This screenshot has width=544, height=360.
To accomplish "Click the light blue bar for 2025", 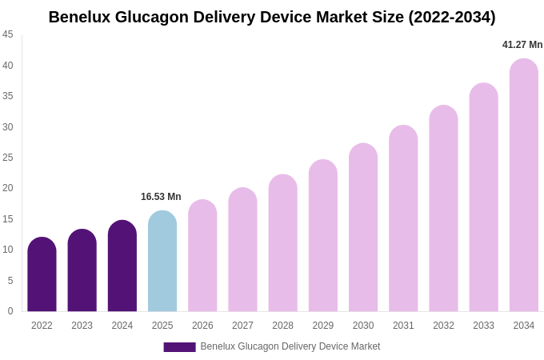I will tap(162, 262).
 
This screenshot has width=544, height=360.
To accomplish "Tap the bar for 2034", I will tap(524, 186).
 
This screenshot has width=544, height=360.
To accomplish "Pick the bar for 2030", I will tap(363, 228).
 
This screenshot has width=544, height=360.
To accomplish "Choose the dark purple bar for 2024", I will tap(122, 266).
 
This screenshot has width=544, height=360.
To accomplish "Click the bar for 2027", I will tap(242, 250).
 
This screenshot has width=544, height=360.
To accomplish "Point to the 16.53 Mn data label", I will tap(161, 197).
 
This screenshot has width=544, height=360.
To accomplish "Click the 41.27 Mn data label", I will tap(522, 45).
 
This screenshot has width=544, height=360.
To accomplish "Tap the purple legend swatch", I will tap(179, 347).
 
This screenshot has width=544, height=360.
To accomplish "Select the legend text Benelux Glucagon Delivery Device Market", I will tap(290, 346).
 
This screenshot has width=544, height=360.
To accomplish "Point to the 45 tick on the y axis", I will tap(8, 34).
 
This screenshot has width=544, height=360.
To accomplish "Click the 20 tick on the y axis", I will tap(8, 188).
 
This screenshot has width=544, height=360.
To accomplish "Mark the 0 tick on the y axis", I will tap(10, 311).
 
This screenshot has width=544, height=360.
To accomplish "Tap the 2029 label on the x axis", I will tap(323, 326).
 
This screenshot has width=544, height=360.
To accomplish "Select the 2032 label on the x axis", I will tap(443, 326).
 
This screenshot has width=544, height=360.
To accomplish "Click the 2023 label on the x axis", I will tap(82, 326).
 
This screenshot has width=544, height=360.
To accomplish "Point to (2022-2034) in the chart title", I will tap(452, 17).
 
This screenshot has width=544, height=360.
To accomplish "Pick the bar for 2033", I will tap(483, 198).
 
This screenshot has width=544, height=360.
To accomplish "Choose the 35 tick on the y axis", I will tap(8, 96).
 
